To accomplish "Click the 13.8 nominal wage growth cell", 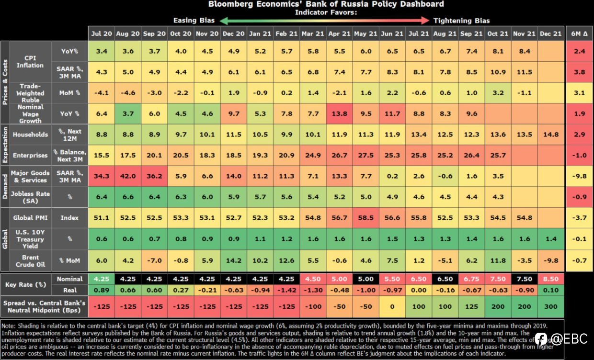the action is (x=339, y=114).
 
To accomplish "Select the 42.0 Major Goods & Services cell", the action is (x=128, y=176).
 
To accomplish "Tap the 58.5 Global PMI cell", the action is (x=366, y=218).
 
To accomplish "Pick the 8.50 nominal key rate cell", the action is (x=551, y=279).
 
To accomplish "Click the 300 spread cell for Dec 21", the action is (x=551, y=307).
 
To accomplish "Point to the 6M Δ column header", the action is (x=579, y=34).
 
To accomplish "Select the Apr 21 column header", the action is (x=339, y=34).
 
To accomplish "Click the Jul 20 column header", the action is (x=101, y=34).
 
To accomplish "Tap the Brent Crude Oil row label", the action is (x=30, y=261).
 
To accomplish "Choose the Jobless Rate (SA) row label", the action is (x=30, y=197).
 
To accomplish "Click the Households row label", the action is (x=30, y=135).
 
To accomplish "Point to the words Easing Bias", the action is (x=194, y=21).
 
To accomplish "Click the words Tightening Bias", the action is (x=461, y=21).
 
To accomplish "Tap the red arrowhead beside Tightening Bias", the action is (x=425, y=21).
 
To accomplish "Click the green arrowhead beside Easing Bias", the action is (x=224, y=21).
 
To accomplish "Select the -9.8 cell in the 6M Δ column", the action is (x=579, y=176).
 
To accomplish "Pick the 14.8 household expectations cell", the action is (x=551, y=135).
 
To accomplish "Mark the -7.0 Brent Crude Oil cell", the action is (x=154, y=261).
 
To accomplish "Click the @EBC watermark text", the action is (x=569, y=339).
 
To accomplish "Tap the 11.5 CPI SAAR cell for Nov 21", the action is (x=524, y=72).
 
